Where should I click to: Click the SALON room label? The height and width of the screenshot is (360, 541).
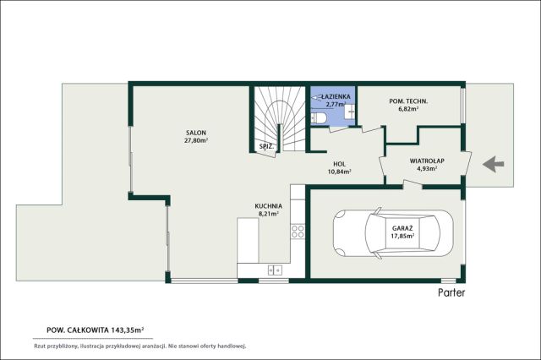pyautogui.click(x=196, y=133)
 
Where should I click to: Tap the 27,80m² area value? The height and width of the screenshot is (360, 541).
pyautogui.click(x=196, y=140)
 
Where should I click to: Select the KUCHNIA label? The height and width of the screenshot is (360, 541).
pyautogui.click(x=269, y=206)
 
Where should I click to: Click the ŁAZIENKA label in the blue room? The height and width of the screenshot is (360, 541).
pyautogui.click(x=336, y=97)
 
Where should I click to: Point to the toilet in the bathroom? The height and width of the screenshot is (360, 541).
pyautogui.click(x=319, y=117)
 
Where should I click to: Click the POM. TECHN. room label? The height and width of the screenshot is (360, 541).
pyautogui.click(x=408, y=101)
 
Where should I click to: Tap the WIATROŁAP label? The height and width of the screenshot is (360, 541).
pyautogui.click(x=427, y=161)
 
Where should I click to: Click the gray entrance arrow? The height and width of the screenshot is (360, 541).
pyautogui.click(x=494, y=164)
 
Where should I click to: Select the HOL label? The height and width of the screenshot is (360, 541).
pyautogui.click(x=340, y=164)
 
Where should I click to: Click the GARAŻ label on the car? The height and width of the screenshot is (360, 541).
pyautogui.click(x=402, y=228)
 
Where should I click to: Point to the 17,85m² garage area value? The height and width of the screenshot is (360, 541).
pyautogui.click(x=402, y=237)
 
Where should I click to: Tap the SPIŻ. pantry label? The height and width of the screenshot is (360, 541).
pyautogui.click(x=267, y=146)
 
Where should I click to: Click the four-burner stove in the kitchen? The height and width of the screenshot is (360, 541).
pyautogui.click(x=298, y=231)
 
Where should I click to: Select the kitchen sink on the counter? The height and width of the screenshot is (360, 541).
pyautogui.click(x=275, y=270)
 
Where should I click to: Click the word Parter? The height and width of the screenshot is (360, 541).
pyautogui.click(x=451, y=292)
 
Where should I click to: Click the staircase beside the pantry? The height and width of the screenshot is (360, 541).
pyautogui.click(x=280, y=119)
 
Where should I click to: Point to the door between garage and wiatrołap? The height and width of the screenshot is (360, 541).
pyautogui.click(x=413, y=184)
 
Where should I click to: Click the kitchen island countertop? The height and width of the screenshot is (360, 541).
pyautogui.click(x=248, y=240)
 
